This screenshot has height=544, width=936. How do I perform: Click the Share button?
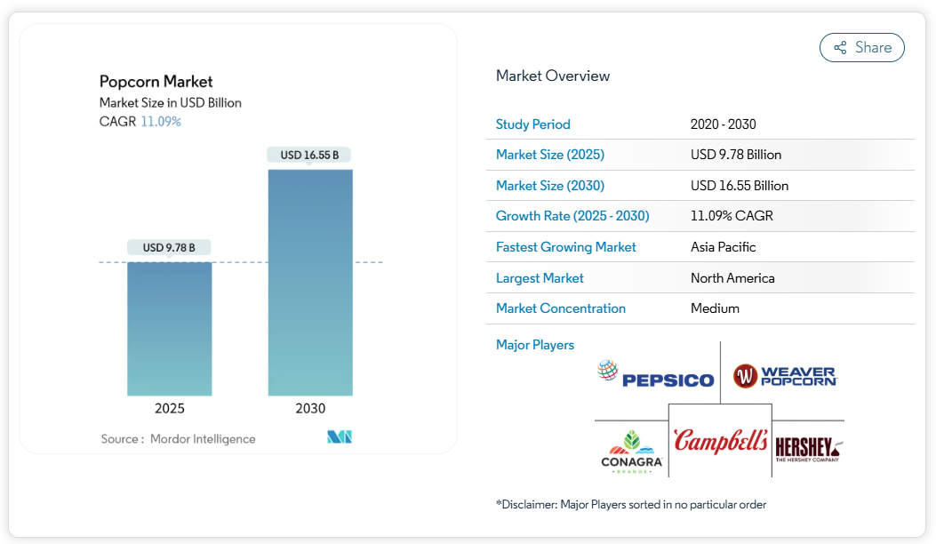click(x=861, y=48)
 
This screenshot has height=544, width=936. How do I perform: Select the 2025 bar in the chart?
click(x=170, y=328)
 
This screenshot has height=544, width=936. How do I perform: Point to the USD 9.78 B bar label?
click(x=169, y=247)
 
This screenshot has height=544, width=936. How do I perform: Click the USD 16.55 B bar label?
click(x=309, y=155)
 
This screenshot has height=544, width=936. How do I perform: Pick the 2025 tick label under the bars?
click(x=170, y=409)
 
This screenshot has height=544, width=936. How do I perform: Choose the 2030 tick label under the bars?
click(x=310, y=409)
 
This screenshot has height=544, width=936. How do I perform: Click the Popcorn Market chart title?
click(x=156, y=82)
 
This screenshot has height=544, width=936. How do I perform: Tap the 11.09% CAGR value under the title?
click(x=161, y=121)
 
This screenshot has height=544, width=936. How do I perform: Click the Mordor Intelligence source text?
click(x=203, y=438)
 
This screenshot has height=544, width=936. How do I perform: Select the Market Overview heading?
click(x=553, y=76)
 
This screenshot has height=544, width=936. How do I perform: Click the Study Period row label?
click(x=533, y=124)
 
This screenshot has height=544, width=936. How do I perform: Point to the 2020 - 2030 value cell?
click(x=723, y=124)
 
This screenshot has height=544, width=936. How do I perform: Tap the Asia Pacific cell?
click(x=723, y=247)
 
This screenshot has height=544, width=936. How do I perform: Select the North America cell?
click(x=732, y=278)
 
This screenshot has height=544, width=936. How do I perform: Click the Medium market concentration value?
click(x=715, y=308)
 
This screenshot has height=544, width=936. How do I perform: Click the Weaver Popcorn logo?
click(x=784, y=376)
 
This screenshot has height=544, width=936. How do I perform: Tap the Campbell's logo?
click(x=720, y=440)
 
